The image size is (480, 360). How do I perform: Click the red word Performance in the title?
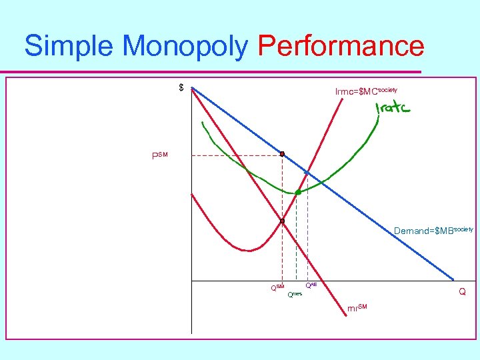pos(340,47)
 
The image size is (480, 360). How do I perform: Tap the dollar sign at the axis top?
pos(181,88)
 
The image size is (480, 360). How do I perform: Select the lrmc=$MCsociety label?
pos(366,90)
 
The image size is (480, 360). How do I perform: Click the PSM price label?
pos(160,156)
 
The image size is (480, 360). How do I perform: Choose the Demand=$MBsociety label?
pos(433,230)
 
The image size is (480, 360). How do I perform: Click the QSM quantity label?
pos(277,288)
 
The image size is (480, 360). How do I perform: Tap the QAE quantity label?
pos(311,285)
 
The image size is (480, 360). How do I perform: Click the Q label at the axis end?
pos(461,292)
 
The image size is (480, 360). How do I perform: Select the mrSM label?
pos(357,307)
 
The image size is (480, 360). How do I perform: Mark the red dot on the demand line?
pos(282,154)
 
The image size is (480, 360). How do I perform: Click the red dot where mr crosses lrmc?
pos(282,221)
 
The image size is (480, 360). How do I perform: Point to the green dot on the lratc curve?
pos(297,192)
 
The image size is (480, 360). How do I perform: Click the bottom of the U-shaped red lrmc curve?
pos(248,251)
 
